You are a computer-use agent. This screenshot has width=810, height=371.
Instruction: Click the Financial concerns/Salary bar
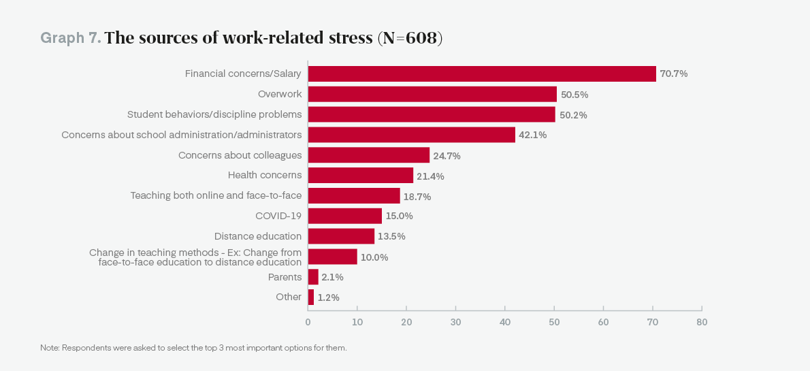pyautogui.click(x=482, y=74)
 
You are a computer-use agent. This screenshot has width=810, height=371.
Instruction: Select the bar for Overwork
pyautogui.click(x=432, y=94)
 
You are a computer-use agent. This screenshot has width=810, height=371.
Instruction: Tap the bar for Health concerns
pyautogui.click(x=361, y=176)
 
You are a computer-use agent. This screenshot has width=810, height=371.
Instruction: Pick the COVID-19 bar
pyautogui.click(x=345, y=216)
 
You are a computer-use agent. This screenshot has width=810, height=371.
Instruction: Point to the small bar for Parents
pyautogui.click(x=313, y=277)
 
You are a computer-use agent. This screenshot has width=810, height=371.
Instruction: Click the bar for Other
pyautogui.click(x=311, y=297)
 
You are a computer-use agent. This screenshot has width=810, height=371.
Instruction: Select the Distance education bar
pyautogui.click(x=341, y=236)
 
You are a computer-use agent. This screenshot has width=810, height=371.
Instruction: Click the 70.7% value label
pyautogui.click(x=674, y=74)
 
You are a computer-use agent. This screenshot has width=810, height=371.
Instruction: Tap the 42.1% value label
pyautogui.click(x=533, y=135)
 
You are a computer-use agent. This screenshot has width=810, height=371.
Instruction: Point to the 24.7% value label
pyautogui.click(x=447, y=156)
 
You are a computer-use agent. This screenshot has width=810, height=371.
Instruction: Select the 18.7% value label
pyautogui.click(x=417, y=197)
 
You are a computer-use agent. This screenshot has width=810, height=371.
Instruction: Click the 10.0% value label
pyautogui.click(x=374, y=257)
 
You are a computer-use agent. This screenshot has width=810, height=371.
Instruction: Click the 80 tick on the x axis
pyautogui.click(x=702, y=322)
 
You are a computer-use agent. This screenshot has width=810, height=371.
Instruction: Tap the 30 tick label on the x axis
pyautogui.click(x=455, y=322)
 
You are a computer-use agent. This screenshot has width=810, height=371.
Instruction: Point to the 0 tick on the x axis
pyautogui.click(x=308, y=322)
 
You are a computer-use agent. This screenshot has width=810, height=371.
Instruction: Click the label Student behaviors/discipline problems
pyautogui.click(x=214, y=114)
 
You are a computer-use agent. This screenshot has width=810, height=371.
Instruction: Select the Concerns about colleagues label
pyautogui.click(x=240, y=155)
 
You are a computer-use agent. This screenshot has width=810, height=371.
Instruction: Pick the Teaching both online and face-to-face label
pyautogui.click(x=216, y=195)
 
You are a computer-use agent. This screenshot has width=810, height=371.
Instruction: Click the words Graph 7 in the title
pyautogui.click(x=71, y=38)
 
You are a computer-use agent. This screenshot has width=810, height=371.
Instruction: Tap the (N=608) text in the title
pyautogui.click(x=410, y=38)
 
